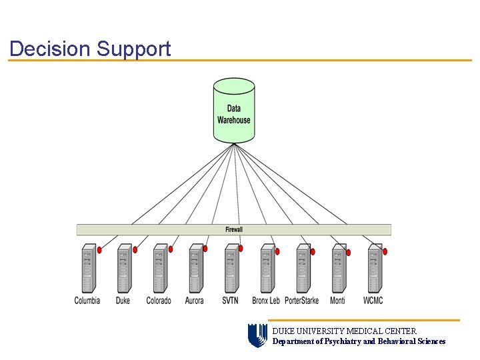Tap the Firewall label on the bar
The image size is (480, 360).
pyautogui.click(x=234, y=229)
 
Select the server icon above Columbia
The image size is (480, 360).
pyautogui.click(x=88, y=268)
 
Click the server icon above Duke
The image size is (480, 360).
pyautogui.click(x=123, y=268)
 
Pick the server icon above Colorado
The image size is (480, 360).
pyautogui.click(x=159, y=268)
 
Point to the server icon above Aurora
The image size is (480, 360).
pyautogui.click(x=195, y=268)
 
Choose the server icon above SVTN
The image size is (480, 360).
pyautogui.click(x=231, y=268)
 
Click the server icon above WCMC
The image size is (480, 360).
pyautogui.click(x=374, y=268)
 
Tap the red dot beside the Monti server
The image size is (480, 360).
pyautogui.click(x=348, y=253)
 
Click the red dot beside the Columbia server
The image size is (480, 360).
pyautogui.click(x=99, y=251)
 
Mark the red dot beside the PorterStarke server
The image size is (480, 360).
pyautogui.click(x=313, y=252)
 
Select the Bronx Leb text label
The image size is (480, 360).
pyautogui.click(x=266, y=301)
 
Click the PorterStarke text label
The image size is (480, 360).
pyautogui.click(x=301, y=301)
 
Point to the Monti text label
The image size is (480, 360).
pyautogui.click(x=337, y=301)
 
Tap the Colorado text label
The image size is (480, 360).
pyautogui.click(x=159, y=301)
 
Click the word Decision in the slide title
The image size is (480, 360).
pyautogui.click(x=49, y=49)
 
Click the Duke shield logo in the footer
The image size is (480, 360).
pyautogui.click(x=257, y=336)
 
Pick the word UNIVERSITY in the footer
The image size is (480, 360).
pyautogui.click(x=321, y=331)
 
